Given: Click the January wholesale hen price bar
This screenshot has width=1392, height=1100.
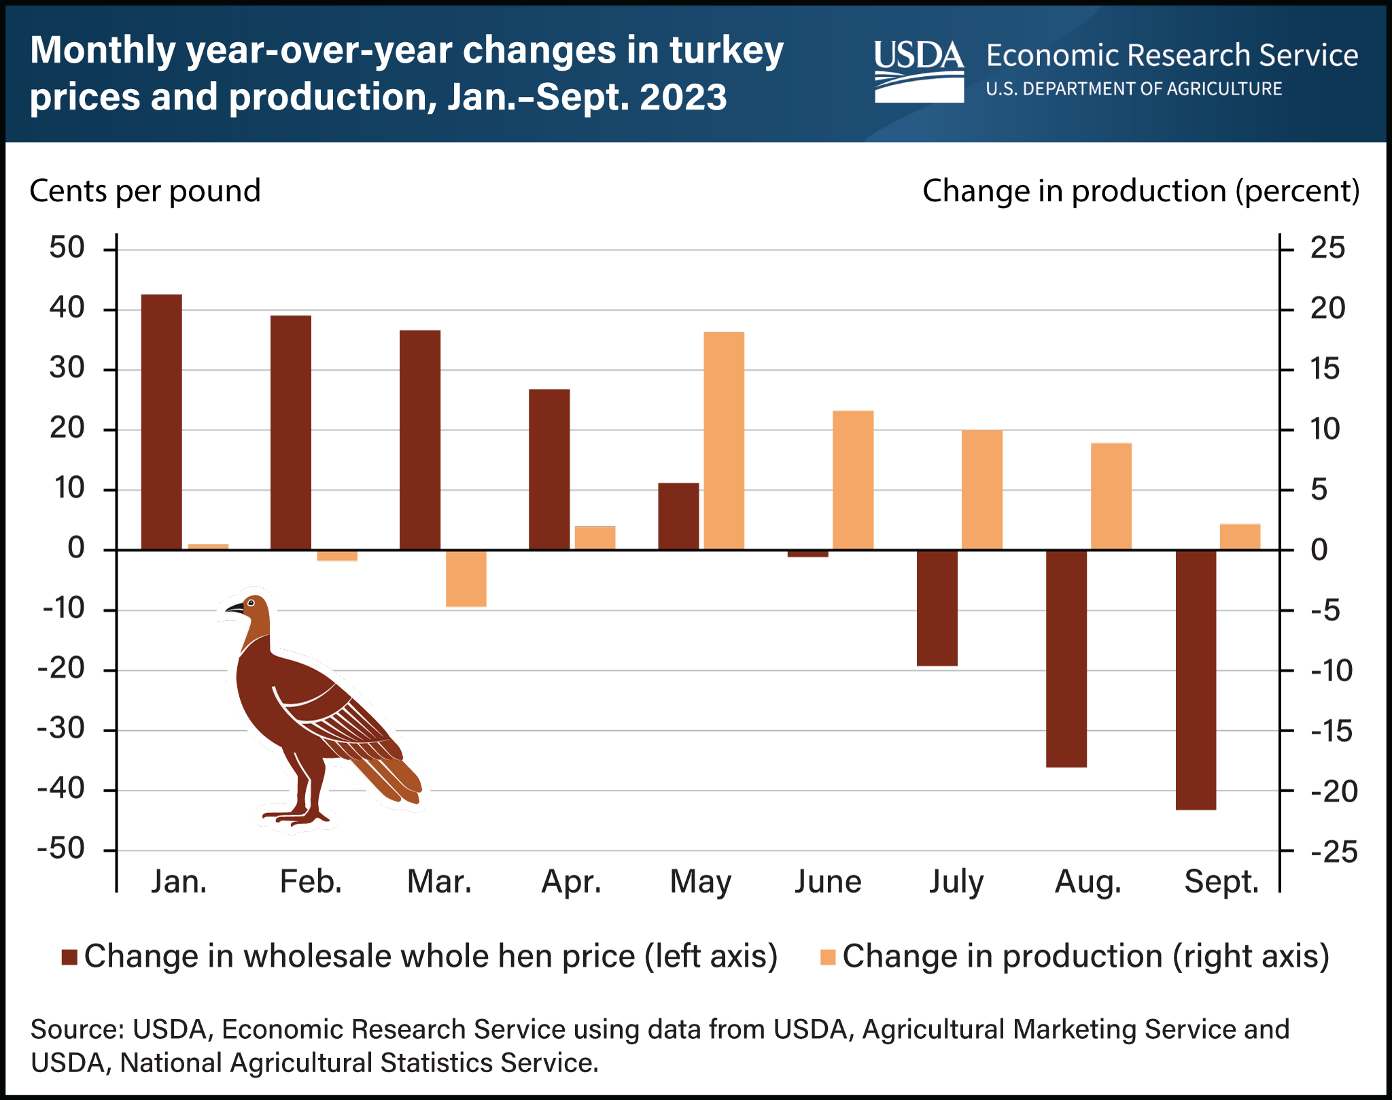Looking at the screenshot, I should [x=162, y=422].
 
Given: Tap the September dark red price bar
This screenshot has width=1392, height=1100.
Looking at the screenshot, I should [x=1196, y=680].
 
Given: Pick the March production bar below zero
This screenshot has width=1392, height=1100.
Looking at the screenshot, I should [x=466, y=579].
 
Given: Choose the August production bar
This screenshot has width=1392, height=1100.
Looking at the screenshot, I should [x=1111, y=496].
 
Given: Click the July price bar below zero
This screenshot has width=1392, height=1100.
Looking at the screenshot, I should [x=937, y=608].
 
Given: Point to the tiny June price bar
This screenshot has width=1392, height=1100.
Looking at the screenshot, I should [x=808, y=553].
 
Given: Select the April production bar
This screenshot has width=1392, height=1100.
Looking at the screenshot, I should [x=595, y=538].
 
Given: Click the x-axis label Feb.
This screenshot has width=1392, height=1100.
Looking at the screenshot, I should [x=311, y=882].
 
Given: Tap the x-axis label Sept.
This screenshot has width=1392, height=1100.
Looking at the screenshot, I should [x=1221, y=882].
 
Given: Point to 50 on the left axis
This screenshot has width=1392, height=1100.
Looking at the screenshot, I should [x=67, y=248].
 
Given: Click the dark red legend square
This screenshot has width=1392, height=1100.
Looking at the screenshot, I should [x=69, y=957].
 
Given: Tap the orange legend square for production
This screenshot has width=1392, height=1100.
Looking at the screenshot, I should [x=828, y=957].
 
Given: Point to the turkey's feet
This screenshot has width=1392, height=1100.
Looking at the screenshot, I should [x=296, y=816].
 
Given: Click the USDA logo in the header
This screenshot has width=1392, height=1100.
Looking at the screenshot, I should [x=919, y=70].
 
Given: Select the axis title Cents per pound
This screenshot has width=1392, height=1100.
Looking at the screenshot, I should [x=145, y=191].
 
